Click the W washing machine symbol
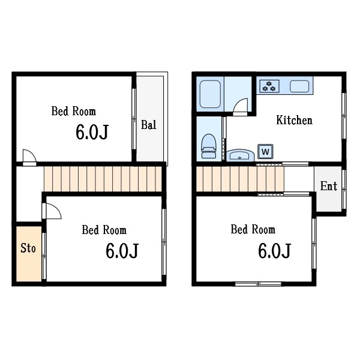pyautogui.click(x=265, y=152)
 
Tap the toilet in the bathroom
pyautogui.click(x=208, y=146)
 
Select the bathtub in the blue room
pyautogui.click(x=210, y=94)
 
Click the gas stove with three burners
pyautogui.click(x=269, y=86)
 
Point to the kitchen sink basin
pyautogui.click(x=299, y=86)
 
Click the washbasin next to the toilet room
pyautogui.click(x=240, y=155)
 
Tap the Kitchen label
pyautogui.click(x=295, y=121)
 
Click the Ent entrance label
pyautogui.click(x=329, y=186)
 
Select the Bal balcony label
pyautogui.click(x=149, y=125)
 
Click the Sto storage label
pyautogui.click(x=28, y=248)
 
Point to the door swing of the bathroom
pyautogui.click(x=241, y=107)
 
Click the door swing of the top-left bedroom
pyautogui.click(x=29, y=157)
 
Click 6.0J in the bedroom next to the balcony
pyautogui.click(x=92, y=133)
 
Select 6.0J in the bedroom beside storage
pyautogui.click(x=122, y=251)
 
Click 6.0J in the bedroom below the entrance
pyautogui.click(x=275, y=251)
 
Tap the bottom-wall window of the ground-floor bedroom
pyautogui.click(x=258, y=284)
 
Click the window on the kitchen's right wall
pyautogui.click(x=344, y=116)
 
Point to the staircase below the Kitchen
pyautogui.click(x=240, y=179)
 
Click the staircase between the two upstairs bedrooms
pyautogui.click(x=103, y=179)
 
